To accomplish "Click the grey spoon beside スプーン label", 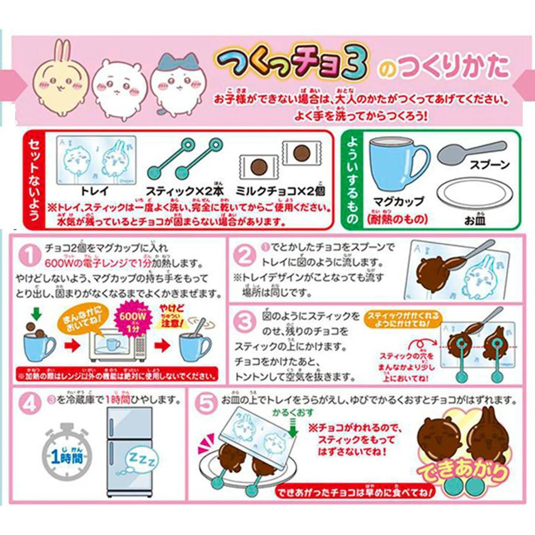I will pos(470,153).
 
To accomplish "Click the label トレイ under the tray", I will pos(94,191).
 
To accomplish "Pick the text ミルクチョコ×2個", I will pos(280,191).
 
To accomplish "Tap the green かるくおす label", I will pos(293,413).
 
